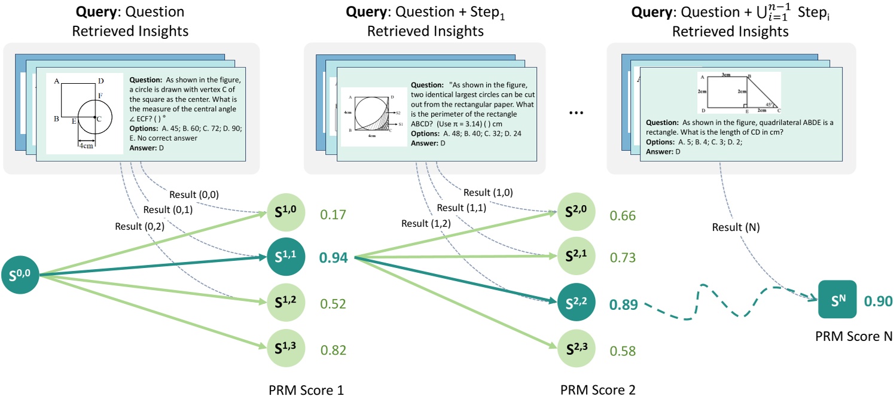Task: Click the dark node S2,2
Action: coord(576,304)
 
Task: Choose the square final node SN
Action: coord(837,300)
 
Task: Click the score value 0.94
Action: coord(334,258)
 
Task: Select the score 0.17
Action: coord(334,214)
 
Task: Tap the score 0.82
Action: coord(334,350)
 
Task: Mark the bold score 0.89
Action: coord(623,304)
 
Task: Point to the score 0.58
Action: coord(623,350)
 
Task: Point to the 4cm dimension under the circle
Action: coord(87,145)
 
